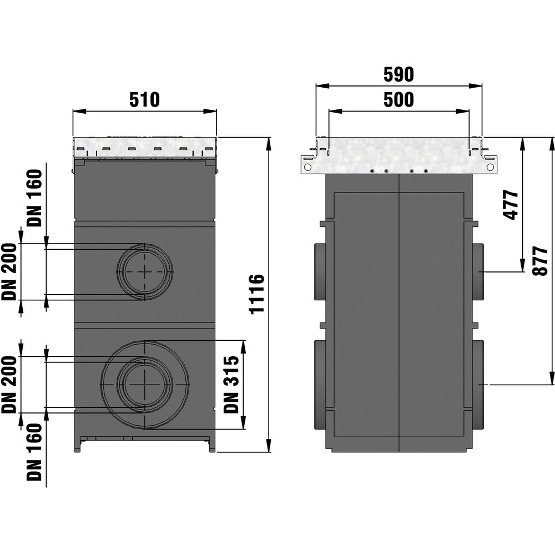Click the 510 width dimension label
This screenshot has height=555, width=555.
[x=144, y=100]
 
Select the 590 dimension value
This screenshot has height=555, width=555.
[x=398, y=75]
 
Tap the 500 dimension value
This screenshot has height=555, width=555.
[x=398, y=100]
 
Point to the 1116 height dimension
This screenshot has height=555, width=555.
[x=257, y=294]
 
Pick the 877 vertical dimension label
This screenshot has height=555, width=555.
[x=540, y=261]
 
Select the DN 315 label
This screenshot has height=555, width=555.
[x=231, y=385]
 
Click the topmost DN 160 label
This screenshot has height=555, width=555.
[x=34, y=198]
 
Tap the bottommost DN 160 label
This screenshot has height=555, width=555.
[x=34, y=452]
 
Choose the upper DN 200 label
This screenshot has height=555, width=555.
[x=9, y=272]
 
